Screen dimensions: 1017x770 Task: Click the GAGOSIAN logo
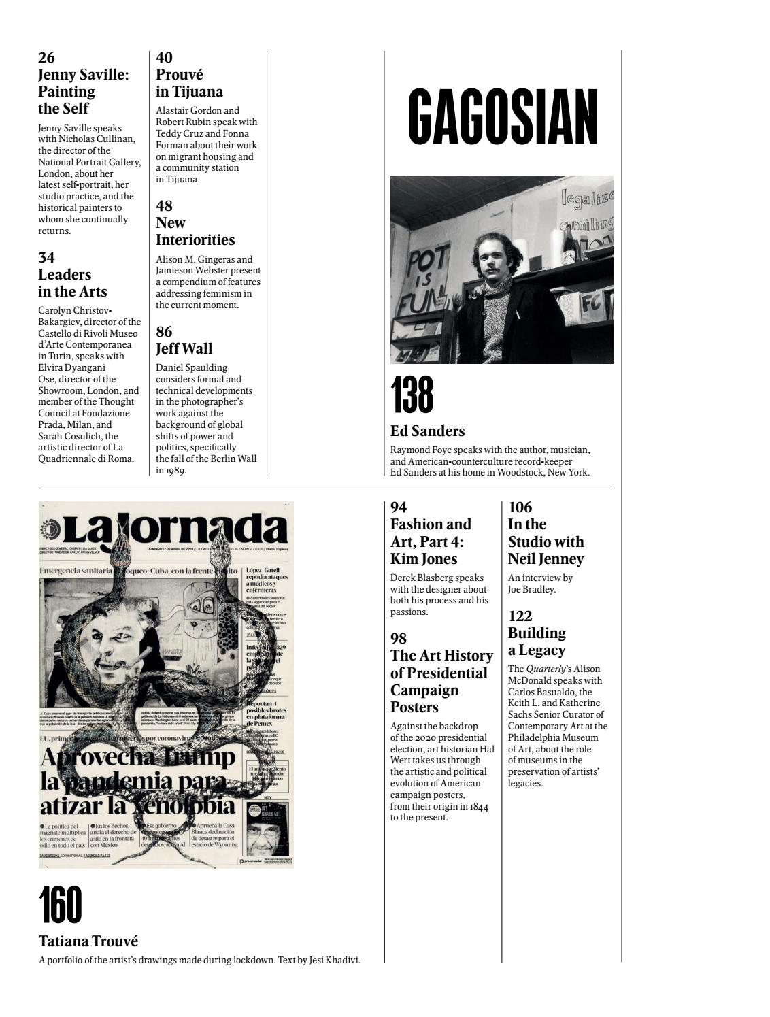tap(503, 116)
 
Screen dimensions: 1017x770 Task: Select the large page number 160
tap(61, 905)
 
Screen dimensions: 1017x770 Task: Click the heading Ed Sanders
tap(427, 431)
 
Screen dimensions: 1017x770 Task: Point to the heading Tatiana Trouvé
tap(88, 941)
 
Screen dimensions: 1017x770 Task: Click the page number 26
tap(47, 58)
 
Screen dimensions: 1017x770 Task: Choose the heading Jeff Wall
tap(184, 348)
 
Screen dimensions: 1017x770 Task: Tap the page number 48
tap(164, 205)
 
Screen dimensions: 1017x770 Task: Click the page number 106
tap(520, 507)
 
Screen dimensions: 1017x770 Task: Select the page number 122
tap(520, 616)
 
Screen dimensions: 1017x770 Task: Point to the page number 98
tap(399, 638)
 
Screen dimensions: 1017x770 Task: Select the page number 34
tap(46, 257)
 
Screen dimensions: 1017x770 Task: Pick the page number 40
tap(164, 58)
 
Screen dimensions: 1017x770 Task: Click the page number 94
tap(399, 507)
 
